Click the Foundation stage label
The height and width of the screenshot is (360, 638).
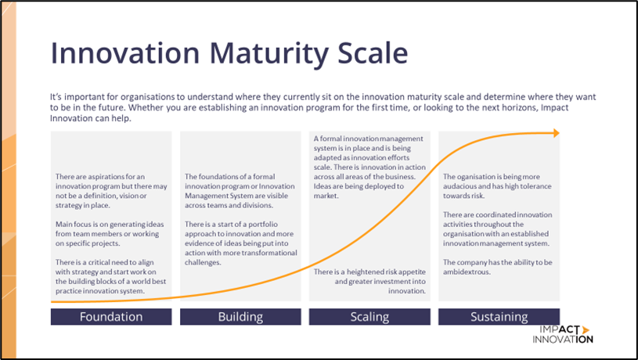click(111, 316)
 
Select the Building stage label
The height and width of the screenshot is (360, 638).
click(240, 316)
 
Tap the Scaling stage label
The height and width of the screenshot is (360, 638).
click(369, 316)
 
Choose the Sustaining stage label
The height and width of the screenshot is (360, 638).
click(499, 316)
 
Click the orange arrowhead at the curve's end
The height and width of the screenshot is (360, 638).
click(557, 133)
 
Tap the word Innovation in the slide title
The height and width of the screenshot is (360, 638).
click(125, 53)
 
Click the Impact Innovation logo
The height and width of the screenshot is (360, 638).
click(563, 334)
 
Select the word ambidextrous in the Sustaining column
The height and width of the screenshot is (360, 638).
click(467, 272)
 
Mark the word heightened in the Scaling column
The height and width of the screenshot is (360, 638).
click(366, 272)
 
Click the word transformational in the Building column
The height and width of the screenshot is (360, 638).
click(269, 253)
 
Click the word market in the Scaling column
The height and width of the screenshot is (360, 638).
click(326, 196)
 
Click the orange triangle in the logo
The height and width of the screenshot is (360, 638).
click(586, 329)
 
